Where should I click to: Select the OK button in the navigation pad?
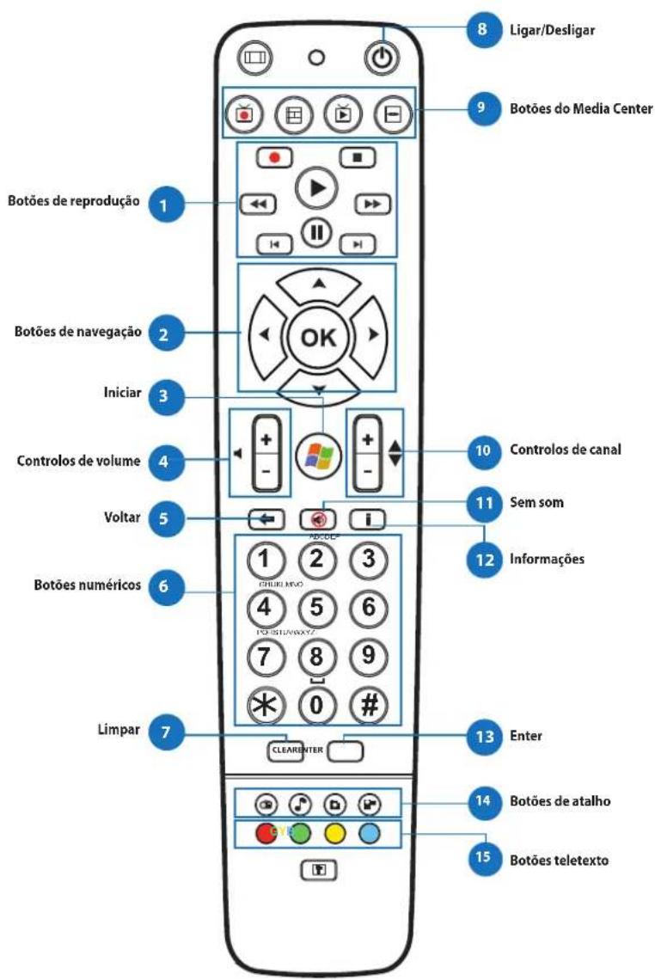click(x=316, y=336)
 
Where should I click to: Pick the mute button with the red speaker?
click(x=316, y=519)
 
